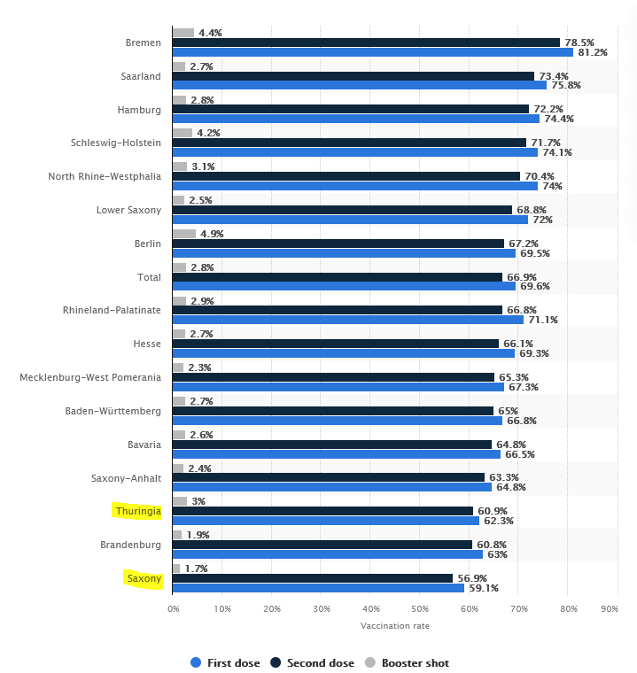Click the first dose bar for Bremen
372,52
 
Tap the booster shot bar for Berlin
184,234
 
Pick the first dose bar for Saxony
318,588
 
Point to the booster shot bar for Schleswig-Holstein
183,133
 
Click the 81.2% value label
592,52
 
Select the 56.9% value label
470,578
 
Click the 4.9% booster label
210,234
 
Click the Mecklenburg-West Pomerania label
90,377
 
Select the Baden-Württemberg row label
113,411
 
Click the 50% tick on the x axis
420,608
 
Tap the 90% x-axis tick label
610,608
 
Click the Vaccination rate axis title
394,626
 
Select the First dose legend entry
225,662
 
